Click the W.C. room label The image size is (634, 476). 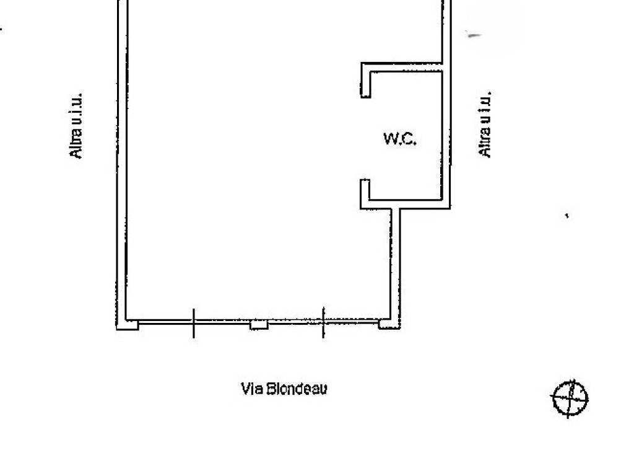click(400, 138)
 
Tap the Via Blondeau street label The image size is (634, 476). click(284, 389)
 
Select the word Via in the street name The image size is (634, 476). click(252, 389)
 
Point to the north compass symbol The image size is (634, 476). click(570, 399)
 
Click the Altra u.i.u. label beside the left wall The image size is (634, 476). click(76, 125)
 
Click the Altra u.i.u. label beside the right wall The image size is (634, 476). click(484, 124)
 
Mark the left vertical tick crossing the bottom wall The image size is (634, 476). click(194, 323)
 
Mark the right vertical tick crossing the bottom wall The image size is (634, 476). click(323, 322)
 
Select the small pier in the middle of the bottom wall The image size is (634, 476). click(259, 325)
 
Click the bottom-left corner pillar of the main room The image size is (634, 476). click(128, 325)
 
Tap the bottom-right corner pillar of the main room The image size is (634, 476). click(389, 324)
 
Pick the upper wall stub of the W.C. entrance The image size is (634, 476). click(365, 84)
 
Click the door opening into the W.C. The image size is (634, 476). click(365, 138)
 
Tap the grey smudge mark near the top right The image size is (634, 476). click(474, 35)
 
